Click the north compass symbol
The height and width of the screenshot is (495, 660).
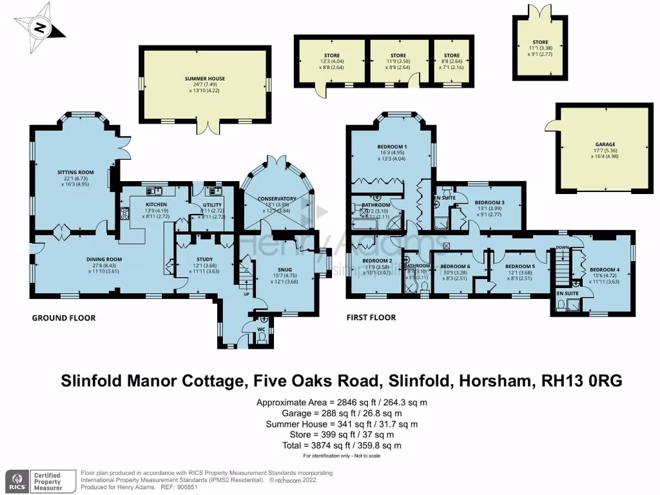40,27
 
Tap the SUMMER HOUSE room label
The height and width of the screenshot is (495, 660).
203,79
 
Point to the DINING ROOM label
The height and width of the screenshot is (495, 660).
104,260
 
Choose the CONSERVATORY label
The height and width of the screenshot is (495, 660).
277,199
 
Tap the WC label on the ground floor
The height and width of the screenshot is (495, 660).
262,329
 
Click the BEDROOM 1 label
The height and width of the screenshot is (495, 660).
392,146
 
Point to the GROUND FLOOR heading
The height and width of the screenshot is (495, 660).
64,318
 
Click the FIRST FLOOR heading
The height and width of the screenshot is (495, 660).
371,318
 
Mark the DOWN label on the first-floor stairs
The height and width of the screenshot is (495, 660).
562,247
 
